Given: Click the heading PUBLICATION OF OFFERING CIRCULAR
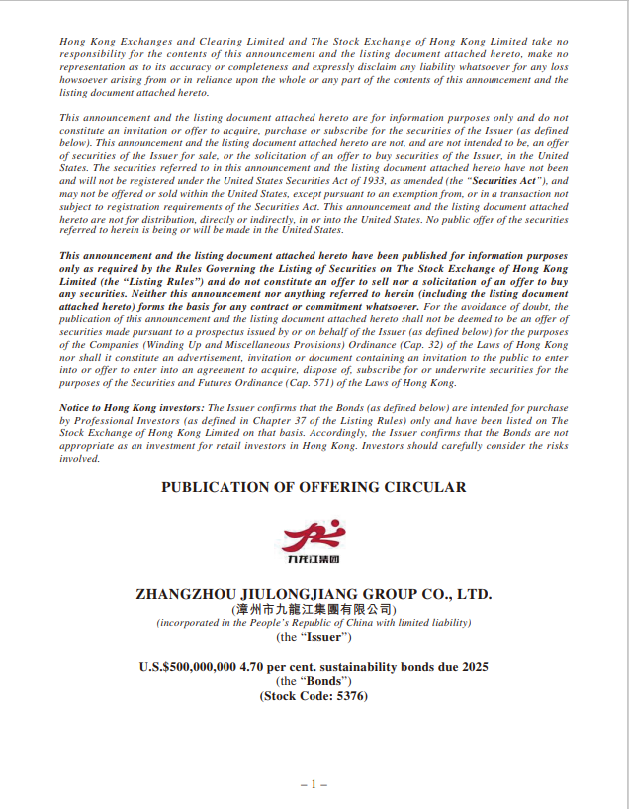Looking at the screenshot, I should click(x=314, y=487).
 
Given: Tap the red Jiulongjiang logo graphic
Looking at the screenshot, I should click(x=314, y=536).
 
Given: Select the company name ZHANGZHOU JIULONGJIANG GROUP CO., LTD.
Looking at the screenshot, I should click(x=314, y=594).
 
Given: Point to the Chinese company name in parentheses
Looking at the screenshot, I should click(x=314, y=609).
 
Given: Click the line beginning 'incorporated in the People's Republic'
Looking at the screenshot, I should click(x=314, y=623).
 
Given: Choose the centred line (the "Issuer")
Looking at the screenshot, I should click(x=314, y=638).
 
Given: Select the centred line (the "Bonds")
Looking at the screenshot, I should click(x=314, y=681).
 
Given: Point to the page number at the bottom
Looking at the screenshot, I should click(x=314, y=783).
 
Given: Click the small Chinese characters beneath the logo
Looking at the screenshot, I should click(x=314, y=560).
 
